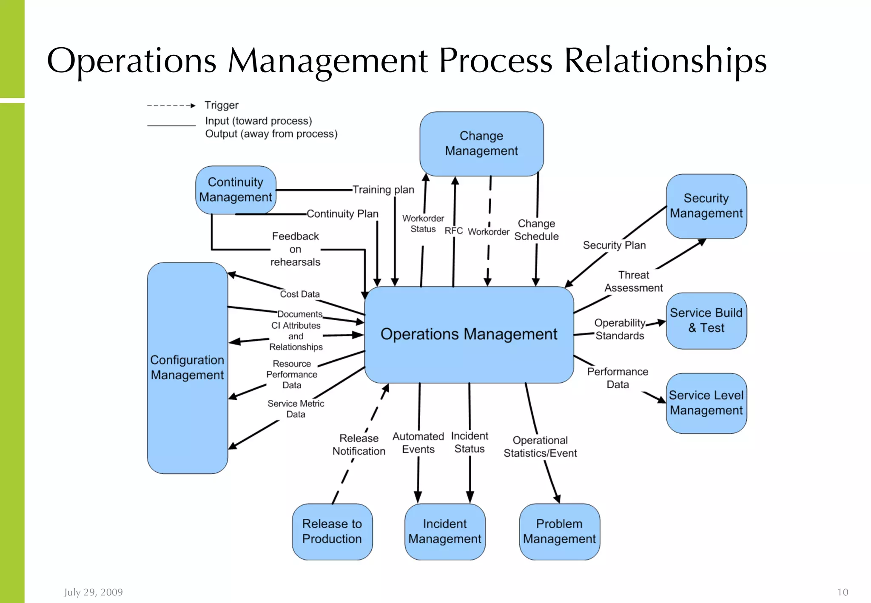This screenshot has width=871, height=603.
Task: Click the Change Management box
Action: point(481,144)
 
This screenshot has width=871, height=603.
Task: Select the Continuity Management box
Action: point(236,190)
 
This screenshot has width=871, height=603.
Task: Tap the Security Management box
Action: point(706,206)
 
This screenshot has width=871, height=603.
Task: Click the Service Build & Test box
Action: point(706,321)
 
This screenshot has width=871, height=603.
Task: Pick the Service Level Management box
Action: point(706,403)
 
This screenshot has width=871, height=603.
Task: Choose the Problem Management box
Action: point(559,531)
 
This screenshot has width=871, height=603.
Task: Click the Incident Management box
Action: point(444,531)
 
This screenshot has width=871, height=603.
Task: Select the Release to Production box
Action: point(332,531)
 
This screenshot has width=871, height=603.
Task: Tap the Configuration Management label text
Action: point(187,367)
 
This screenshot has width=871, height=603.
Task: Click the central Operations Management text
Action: point(469,334)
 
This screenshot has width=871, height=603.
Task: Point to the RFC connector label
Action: point(453,230)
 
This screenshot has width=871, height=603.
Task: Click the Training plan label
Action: point(383,190)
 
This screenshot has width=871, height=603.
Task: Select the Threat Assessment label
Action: point(633,282)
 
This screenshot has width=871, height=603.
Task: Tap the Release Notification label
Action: point(359,445)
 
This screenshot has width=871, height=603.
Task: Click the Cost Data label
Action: point(299,294)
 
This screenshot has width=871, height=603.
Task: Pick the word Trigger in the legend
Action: point(221,105)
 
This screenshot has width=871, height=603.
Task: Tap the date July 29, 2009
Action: point(94,592)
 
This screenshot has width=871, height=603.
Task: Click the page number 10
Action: point(842,592)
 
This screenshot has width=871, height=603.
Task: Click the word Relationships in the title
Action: point(665,61)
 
